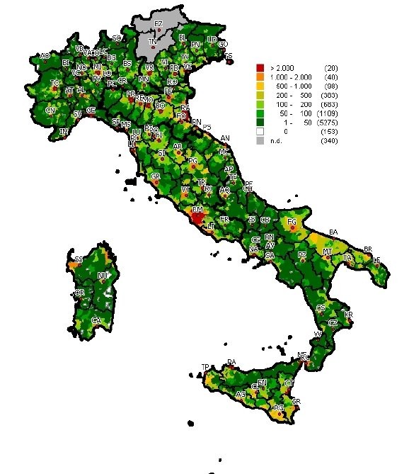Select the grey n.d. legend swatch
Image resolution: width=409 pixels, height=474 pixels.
(x=260, y=140)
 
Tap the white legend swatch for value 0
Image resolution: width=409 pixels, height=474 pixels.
(x=260, y=131)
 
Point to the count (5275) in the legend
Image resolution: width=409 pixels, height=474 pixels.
(x=328, y=122)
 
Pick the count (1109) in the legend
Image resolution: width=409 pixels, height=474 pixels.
(x=328, y=113)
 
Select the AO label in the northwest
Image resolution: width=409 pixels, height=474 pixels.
(x=45, y=55)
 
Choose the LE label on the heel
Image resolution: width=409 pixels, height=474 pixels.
(x=376, y=261)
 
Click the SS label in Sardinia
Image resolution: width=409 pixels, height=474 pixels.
(x=79, y=259)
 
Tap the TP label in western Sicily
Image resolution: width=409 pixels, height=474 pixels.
(x=205, y=366)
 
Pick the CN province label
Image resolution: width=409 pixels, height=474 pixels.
(x=50, y=111)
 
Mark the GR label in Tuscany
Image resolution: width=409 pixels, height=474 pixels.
(x=156, y=175)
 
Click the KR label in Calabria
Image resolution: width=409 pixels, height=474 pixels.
(x=347, y=314)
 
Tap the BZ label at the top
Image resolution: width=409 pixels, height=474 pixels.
(x=159, y=24)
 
